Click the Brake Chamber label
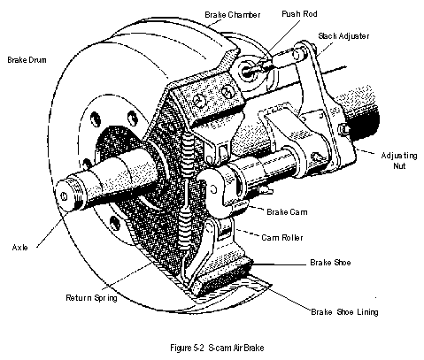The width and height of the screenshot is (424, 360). (x=233, y=15)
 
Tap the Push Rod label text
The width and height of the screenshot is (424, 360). (x=299, y=14)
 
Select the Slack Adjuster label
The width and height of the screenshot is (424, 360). (x=343, y=36)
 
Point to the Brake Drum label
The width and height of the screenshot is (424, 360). (x=27, y=60)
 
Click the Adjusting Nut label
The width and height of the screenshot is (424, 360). (x=399, y=160)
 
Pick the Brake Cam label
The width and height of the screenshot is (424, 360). (x=287, y=212)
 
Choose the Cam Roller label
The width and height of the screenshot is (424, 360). (x=282, y=237)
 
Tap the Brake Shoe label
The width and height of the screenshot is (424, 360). (x=330, y=262)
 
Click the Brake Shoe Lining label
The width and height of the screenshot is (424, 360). (x=344, y=311)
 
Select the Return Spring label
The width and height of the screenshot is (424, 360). (x=91, y=298)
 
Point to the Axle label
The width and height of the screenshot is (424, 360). (x=20, y=247)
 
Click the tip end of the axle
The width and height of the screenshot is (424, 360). (x=63, y=195)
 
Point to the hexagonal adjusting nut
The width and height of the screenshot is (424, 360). (x=343, y=130)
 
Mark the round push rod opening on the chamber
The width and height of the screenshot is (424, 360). (x=247, y=70)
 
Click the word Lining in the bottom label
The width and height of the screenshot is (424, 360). (x=367, y=312)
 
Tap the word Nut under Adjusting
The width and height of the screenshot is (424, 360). (x=399, y=165)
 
